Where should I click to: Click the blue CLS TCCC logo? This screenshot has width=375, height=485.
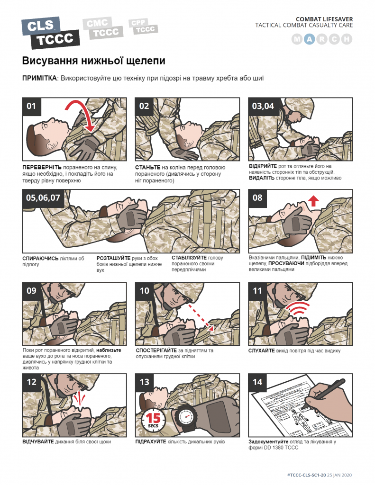click(x=50, y=33)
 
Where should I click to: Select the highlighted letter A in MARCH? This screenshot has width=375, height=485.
click(x=310, y=39)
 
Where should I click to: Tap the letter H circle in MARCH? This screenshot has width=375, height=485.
click(x=347, y=39)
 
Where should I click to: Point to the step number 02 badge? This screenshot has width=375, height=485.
click(x=144, y=106)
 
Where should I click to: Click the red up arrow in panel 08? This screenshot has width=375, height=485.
click(x=313, y=200)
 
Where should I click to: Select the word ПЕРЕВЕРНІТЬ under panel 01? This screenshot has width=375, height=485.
click(x=42, y=167)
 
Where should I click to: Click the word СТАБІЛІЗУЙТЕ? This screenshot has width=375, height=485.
click(x=189, y=258)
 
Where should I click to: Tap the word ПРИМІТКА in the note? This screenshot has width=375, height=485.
click(x=39, y=78)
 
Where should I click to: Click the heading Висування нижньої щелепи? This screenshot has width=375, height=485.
click(x=93, y=61)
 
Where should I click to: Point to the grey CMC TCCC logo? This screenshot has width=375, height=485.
click(x=103, y=28)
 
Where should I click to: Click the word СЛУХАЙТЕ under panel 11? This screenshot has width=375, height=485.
click(x=261, y=350)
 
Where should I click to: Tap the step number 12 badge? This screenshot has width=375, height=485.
click(x=32, y=382)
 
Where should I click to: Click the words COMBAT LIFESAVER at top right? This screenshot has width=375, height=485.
click(x=324, y=19)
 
